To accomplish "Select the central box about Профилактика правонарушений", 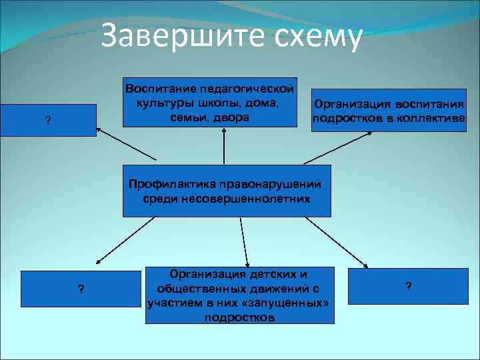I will (x=226, y=191).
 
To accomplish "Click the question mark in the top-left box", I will (x=47, y=121).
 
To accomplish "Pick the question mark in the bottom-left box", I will (x=80, y=289).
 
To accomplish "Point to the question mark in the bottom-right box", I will (x=408, y=287).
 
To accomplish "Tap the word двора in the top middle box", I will (x=233, y=117).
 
